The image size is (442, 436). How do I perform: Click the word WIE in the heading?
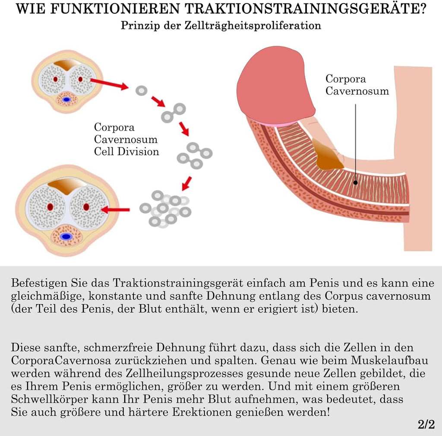pyautogui.click(x=30, y=9)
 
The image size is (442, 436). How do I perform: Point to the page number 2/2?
pyautogui.click(x=426, y=425)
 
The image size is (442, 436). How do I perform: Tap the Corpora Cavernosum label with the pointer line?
pyautogui.click(x=357, y=85)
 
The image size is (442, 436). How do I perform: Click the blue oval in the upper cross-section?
pyautogui.click(x=66, y=100)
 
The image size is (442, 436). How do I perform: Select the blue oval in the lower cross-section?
pyautogui.click(x=66, y=236)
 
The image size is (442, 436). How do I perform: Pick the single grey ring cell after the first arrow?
pyautogui.click(x=141, y=91)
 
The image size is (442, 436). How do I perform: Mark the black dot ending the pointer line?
pyautogui.click(x=356, y=182)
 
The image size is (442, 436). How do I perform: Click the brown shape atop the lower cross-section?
pyautogui.click(x=66, y=187)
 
